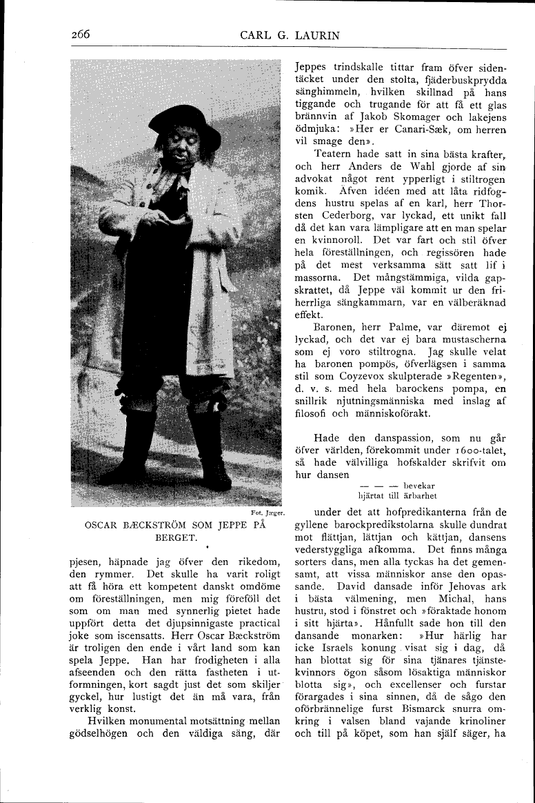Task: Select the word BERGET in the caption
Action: pos(176,536)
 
